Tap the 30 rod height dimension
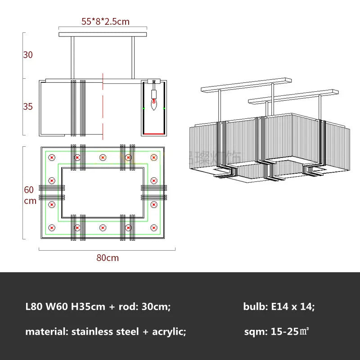28,55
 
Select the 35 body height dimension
28,107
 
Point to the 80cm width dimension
108,258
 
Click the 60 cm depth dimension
30,195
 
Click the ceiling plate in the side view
103,34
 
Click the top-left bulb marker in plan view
52,157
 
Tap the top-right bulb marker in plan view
154,157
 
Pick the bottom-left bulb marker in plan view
52,228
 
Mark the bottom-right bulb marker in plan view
154,228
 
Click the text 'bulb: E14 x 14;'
279,307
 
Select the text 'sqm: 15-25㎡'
276,332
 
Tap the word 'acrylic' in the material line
168,332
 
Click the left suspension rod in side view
72,58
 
